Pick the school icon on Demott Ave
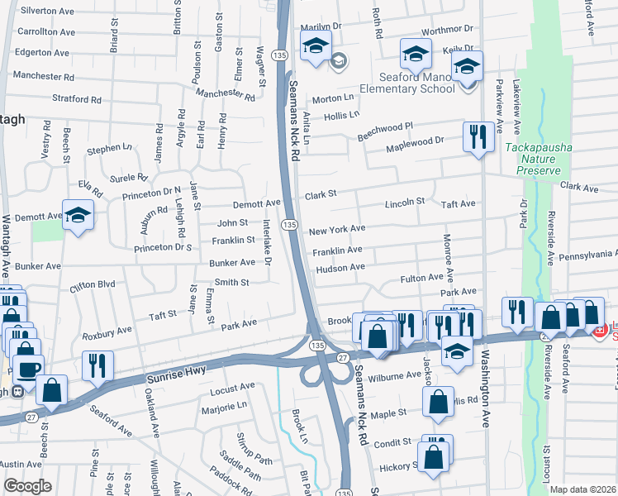(x=78, y=216)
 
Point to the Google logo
(x=28, y=486)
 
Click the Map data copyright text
(x=582, y=489)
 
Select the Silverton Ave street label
(x=47, y=11)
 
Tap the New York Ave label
(x=337, y=229)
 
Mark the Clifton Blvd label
(x=93, y=284)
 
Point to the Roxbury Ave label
(x=107, y=331)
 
